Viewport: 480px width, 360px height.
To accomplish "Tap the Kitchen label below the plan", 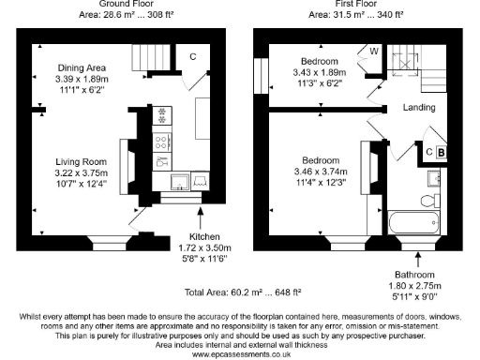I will (205, 237).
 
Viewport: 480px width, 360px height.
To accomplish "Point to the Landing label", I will (418, 109).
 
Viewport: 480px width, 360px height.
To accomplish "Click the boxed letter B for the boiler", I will (442, 151).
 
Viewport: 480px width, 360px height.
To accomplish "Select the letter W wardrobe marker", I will (373, 52).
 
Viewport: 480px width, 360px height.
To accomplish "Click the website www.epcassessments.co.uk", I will (240, 354).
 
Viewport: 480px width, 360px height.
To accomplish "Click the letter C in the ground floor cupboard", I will (192, 56).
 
